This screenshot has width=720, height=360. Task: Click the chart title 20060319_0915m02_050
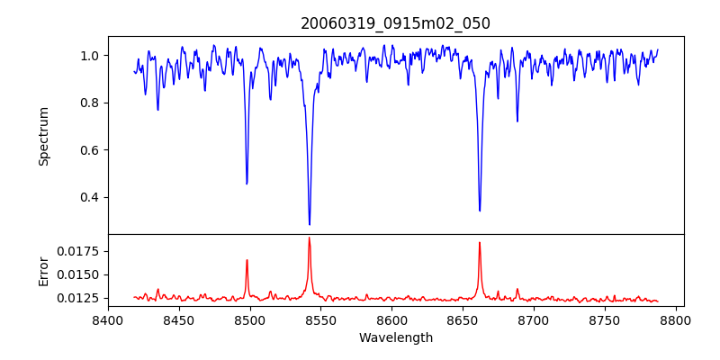[x=395, y=23]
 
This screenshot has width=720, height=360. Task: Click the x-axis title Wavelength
[x=395, y=338]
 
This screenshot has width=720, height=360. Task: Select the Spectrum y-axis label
[x=43, y=136]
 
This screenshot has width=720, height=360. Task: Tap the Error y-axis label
[x=43, y=271]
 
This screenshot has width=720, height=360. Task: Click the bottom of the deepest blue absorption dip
[x=310, y=224]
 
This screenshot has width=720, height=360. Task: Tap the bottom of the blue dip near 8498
[x=247, y=184]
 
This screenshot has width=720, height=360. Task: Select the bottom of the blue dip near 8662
[x=480, y=211]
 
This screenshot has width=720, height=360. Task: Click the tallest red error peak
[x=310, y=238]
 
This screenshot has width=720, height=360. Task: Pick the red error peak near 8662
[x=480, y=242]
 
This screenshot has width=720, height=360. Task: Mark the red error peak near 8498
[x=247, y=260]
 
